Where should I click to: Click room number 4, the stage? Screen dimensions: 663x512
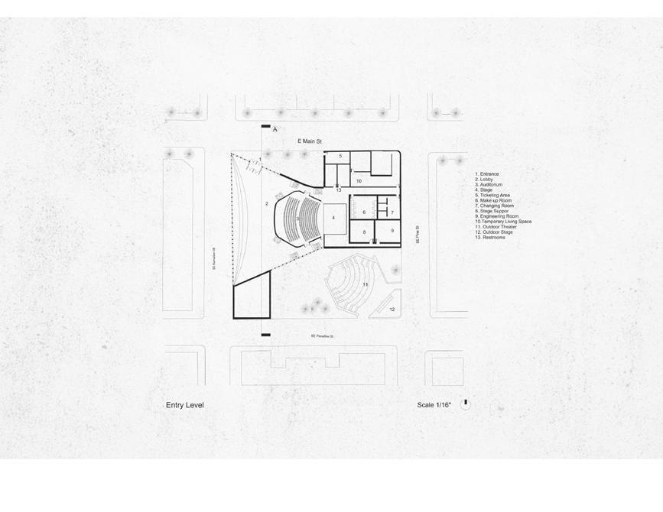coord(333,218)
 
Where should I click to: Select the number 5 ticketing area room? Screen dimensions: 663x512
coord(340,156)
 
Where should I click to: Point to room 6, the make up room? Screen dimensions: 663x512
coord(364,212)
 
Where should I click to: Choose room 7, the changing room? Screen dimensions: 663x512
coord(392,212)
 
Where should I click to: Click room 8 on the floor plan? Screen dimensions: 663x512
coord(364,232)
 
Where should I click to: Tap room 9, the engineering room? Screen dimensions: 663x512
coord(392,231)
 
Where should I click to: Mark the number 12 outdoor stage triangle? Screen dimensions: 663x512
coord(392,309)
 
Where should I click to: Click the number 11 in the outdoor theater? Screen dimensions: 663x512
coord(366,285)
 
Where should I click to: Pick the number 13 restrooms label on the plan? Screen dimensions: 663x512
coord(339,190)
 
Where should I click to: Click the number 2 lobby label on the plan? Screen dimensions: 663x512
coord(267,204)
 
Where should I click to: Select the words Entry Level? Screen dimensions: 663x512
coord(185,405)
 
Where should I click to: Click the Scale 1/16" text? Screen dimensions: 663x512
coord(434,405)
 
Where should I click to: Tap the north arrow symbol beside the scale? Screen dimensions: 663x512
coord(466,403)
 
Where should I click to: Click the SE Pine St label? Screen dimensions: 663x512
coord(417,233)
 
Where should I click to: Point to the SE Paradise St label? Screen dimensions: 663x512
coord(322,336)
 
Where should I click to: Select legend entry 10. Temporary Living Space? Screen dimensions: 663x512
coord(503,222)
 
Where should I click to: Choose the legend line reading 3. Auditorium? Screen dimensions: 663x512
coord(489,185)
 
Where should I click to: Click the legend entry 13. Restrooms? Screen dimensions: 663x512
coord(490,238)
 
